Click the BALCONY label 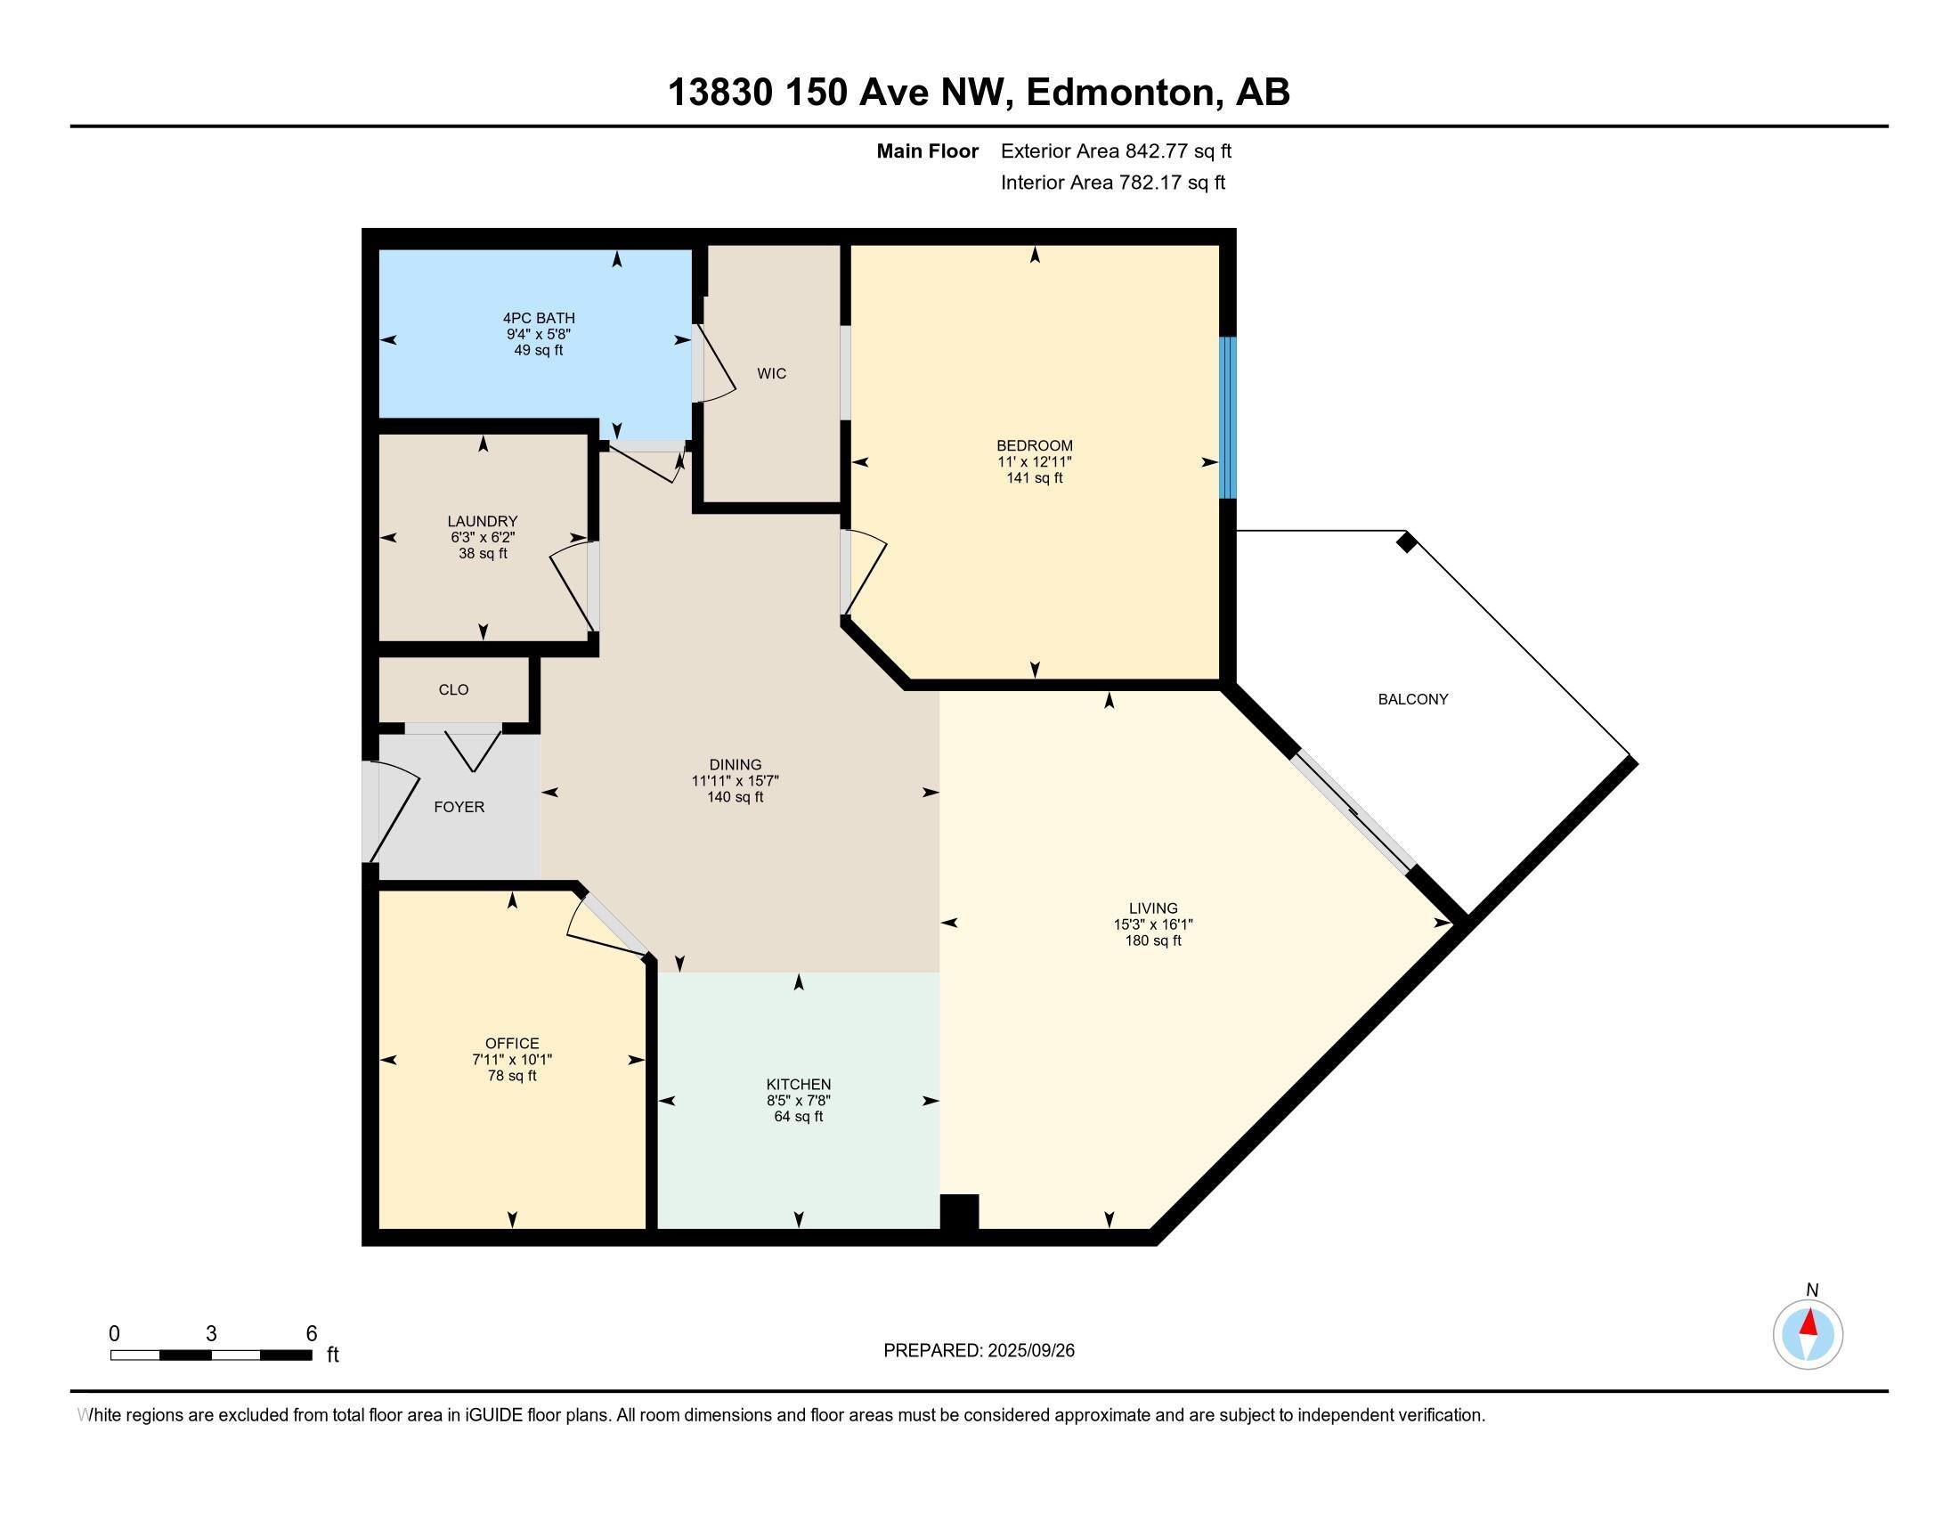[1413, 700]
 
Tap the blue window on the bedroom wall [1228, 418]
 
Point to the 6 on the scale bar [312, 1334]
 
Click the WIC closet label [771, 374]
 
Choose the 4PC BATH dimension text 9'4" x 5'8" [538, 335]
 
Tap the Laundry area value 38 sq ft [483, 553]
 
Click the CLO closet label [454, 689]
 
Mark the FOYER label [459, 807]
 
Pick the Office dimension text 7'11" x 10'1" [512, 1060]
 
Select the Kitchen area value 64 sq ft [799, 1117]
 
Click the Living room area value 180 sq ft [1153, 940]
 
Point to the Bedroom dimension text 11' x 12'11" [1034, 462]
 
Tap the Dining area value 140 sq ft [735, 797]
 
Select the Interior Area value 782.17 [1148, 183]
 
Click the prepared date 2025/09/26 [1030, 1351]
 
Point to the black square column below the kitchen [959, 1213]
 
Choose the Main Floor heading [928, 151]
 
